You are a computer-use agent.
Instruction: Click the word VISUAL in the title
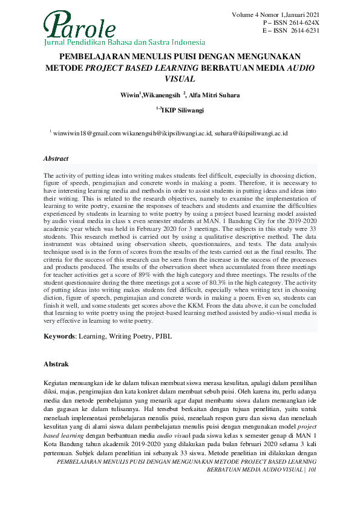click(180, 78)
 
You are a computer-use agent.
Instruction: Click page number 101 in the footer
click(312, 469)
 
